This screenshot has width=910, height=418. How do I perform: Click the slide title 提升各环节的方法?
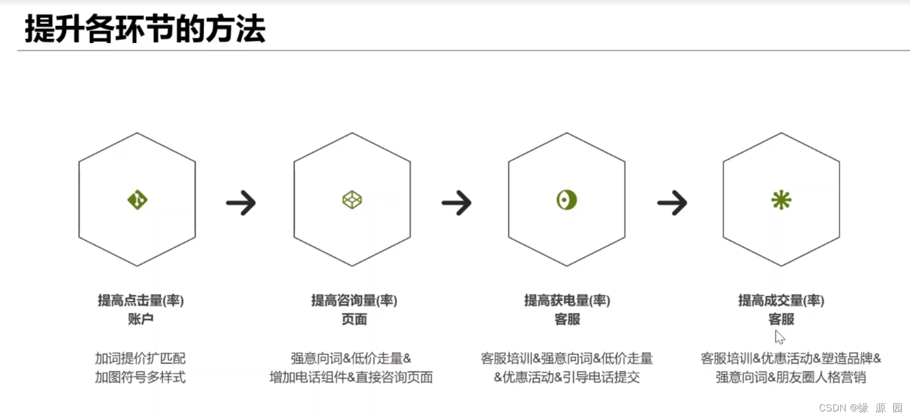(x=145, y=29)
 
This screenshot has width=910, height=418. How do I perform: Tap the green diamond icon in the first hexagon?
(x=137, y=199)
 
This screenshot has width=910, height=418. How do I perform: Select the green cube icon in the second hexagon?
(x=352, y=199)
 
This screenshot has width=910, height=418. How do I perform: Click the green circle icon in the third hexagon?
(x=567, y=199)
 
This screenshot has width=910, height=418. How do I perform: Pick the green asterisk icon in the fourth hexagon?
(x=781, y=199)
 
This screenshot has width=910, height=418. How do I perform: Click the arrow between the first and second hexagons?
(x=241, y=203)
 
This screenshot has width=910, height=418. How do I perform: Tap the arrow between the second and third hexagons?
(x=456, y=203)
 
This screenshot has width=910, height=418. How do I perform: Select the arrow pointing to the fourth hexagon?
(x=672, y=203)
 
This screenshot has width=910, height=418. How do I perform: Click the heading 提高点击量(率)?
(x=141, y=300)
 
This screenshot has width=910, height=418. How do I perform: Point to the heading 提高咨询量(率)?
(x=354, y=300)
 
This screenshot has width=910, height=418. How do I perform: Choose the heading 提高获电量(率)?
(x=567, y=300)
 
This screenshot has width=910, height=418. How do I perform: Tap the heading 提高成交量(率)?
(x=781, y=300)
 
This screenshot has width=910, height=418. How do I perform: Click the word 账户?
(x=141, y=319)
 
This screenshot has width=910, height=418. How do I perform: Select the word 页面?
(x=354, y=319)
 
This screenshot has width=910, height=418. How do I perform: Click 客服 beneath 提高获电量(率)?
(x=567, y=319)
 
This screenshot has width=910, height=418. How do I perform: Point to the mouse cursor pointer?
(x=779, y=337)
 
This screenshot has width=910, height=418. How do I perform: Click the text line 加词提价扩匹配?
(x=140, y=359)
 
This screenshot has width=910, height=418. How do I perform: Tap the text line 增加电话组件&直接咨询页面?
(x=351, y=377)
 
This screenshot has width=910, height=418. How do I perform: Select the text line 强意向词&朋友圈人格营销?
(x=790, y=377)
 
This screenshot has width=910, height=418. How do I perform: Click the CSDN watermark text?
(x=860, y=408)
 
